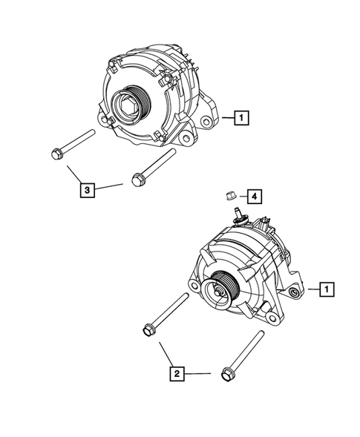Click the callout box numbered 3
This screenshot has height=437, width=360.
(88, 191)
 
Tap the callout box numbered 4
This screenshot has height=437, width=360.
(253, 196)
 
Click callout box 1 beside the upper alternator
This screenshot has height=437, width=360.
(242, 116)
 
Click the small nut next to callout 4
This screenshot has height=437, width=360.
(230, 196)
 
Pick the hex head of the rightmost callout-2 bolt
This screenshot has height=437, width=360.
(226, 374)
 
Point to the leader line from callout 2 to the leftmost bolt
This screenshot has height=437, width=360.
(164, 355)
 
